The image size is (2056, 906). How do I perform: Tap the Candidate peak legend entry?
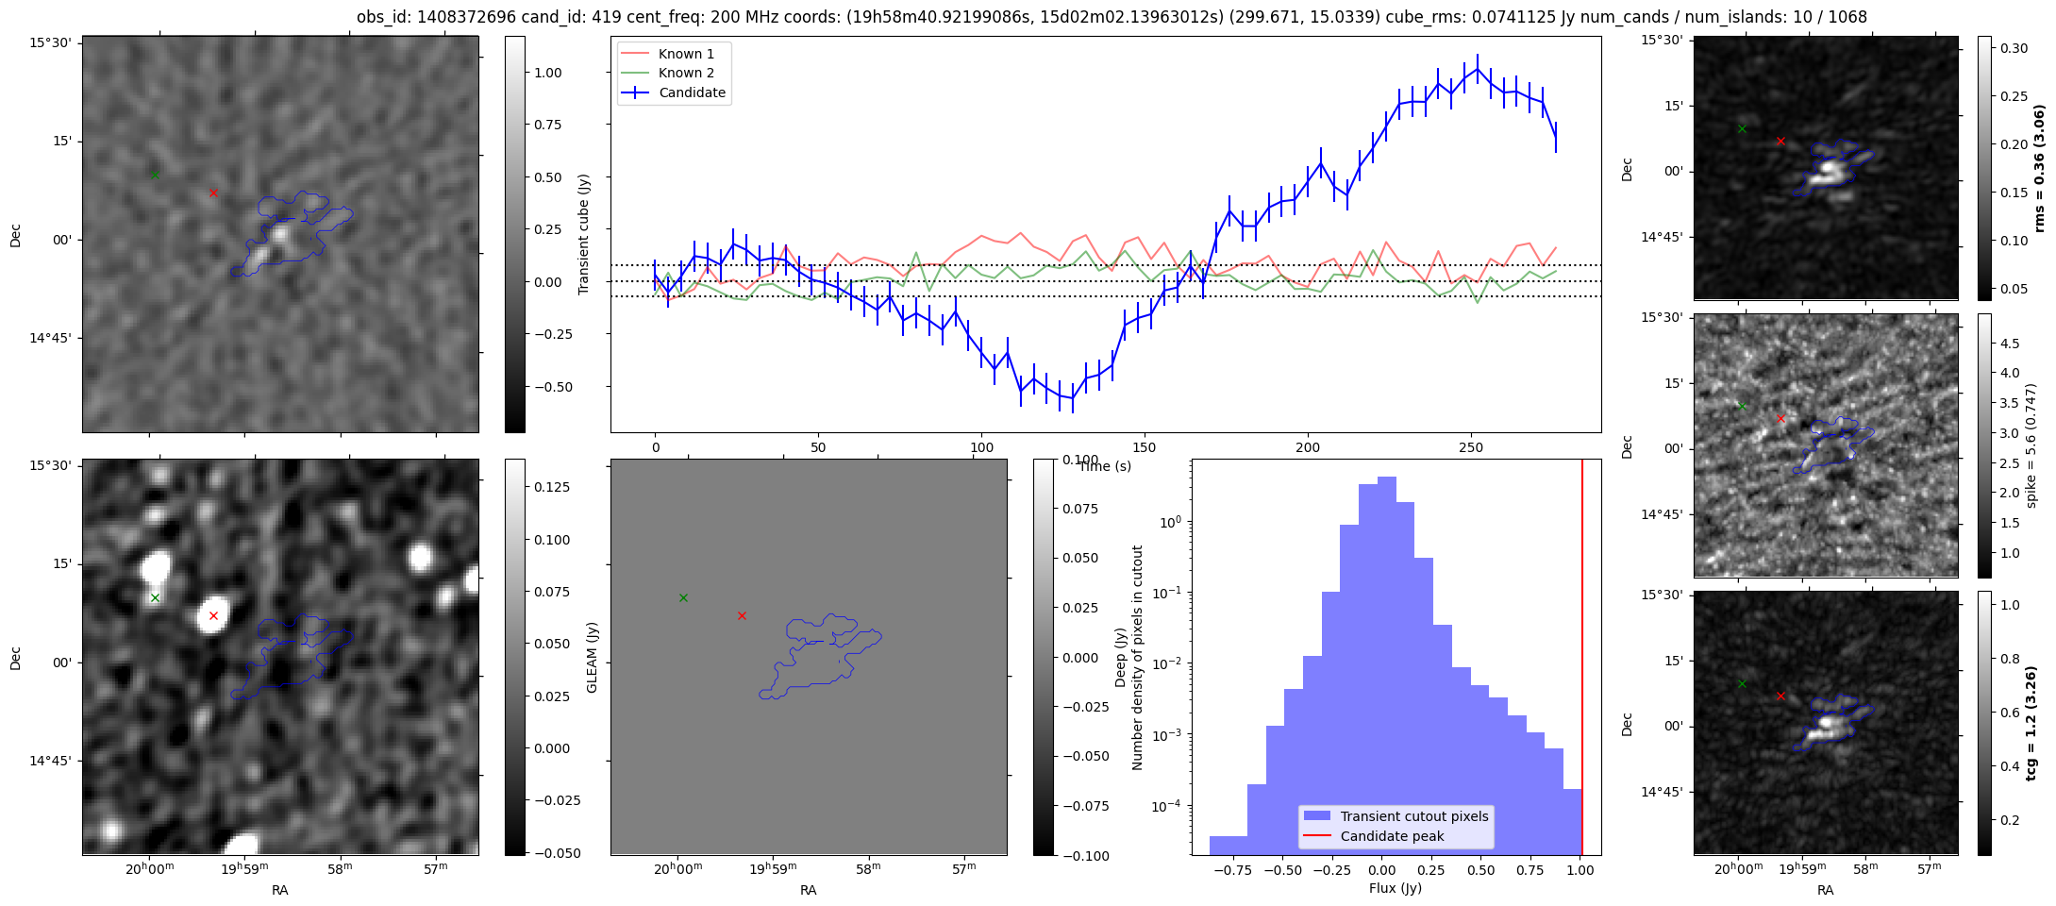[1392, 836]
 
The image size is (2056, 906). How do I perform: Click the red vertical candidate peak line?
[1581, 661]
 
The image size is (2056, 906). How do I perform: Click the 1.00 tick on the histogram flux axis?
[1581, 870]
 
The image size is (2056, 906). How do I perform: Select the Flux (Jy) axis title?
[1395, 888]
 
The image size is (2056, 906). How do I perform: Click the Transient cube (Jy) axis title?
[584, 234]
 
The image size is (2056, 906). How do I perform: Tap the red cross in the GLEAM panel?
[742, 615]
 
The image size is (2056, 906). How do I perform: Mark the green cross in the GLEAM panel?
[683, 597]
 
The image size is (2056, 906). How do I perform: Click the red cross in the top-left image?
[213, 193]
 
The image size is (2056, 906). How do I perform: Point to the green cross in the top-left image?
[155, 175]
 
